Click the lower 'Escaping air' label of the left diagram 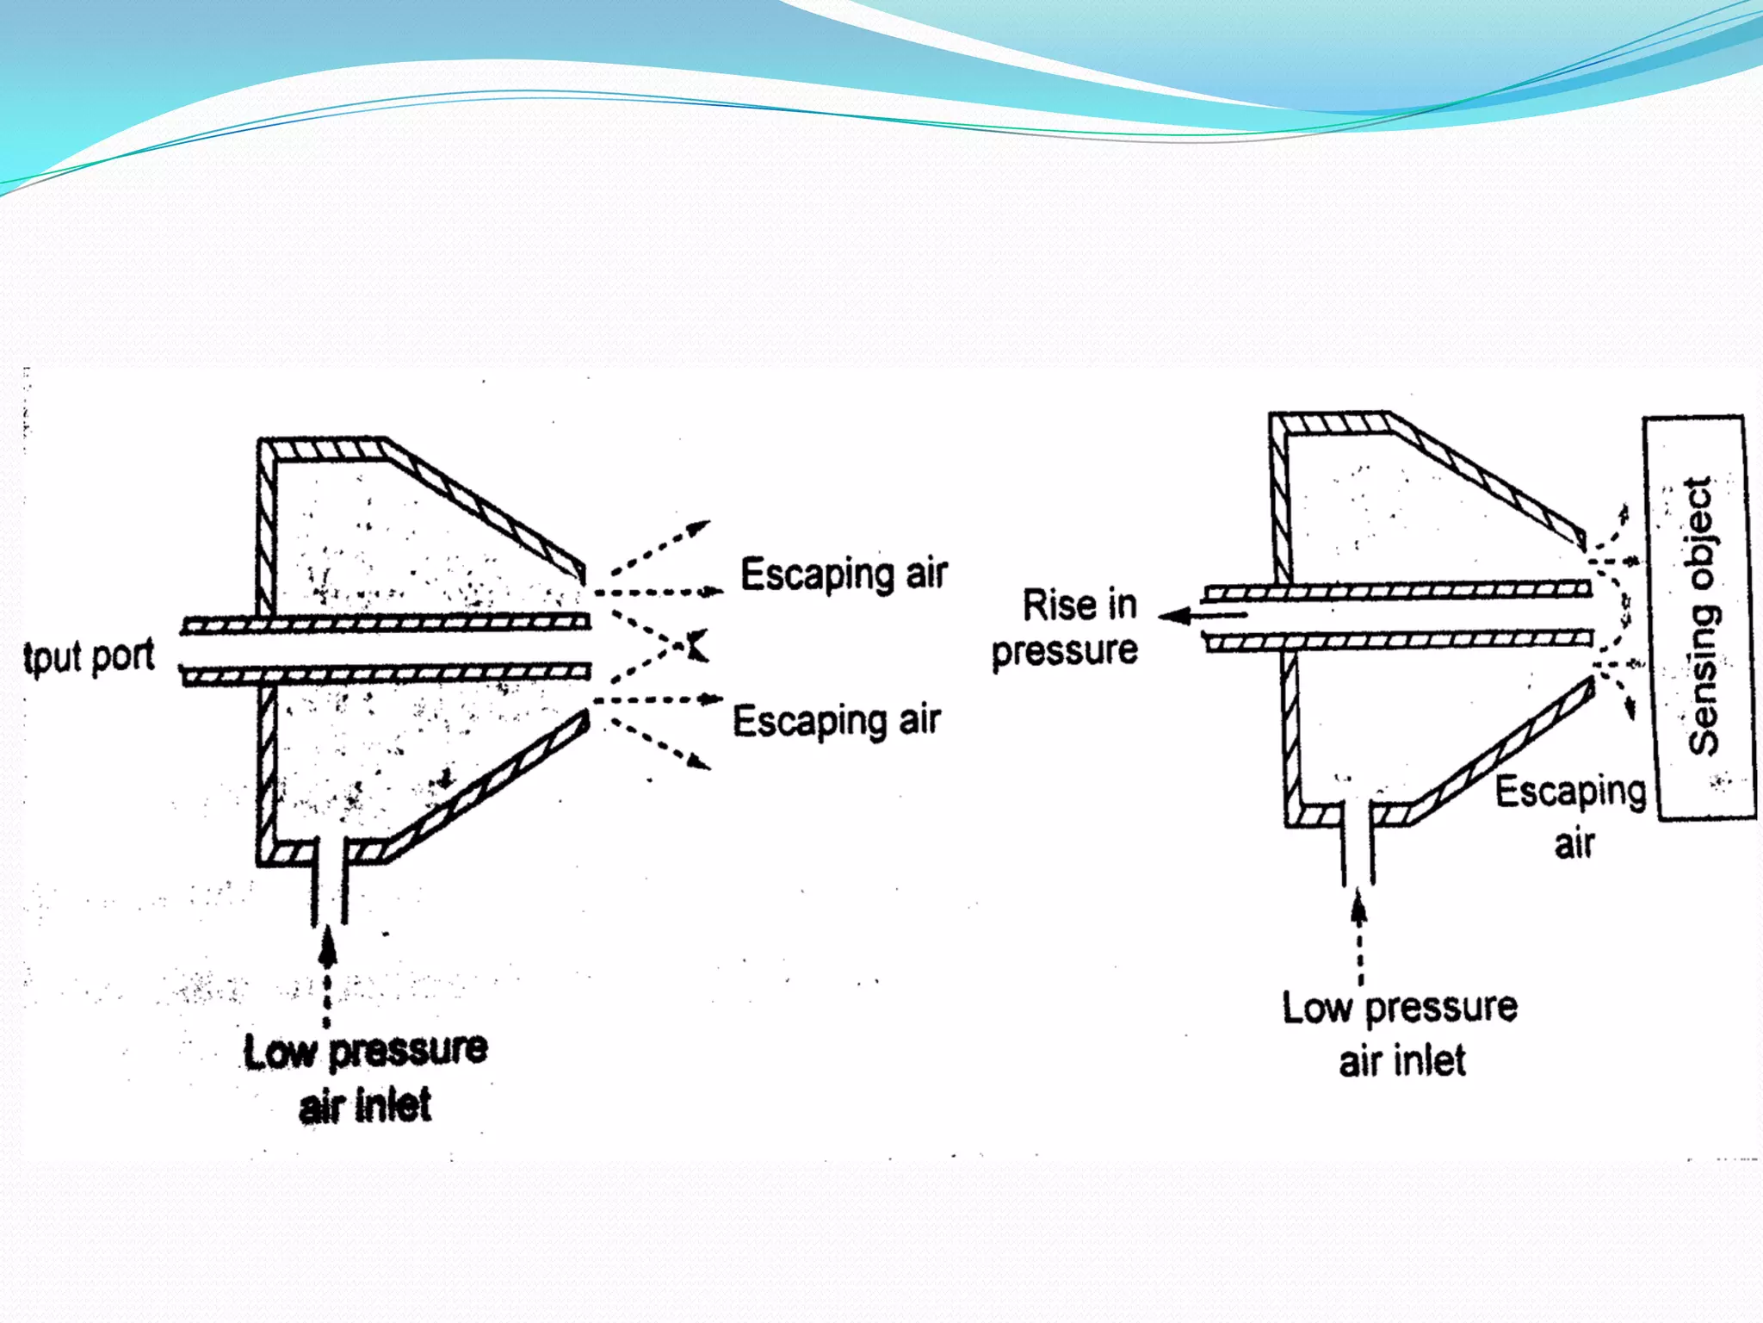tap(836, 721)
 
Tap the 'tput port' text tap(89, 657)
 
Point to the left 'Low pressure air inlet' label tap(365, 1078)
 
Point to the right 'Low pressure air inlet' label tap(1401, 1034)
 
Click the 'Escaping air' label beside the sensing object tap(1571, 815)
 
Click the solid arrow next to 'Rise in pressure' tap(1201, 615)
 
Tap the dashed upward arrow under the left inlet tap(327, 973)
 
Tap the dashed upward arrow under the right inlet tap(1359, 935)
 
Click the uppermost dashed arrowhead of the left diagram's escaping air tap(701, 525)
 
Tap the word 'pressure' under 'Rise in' tap(1065, 650)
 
